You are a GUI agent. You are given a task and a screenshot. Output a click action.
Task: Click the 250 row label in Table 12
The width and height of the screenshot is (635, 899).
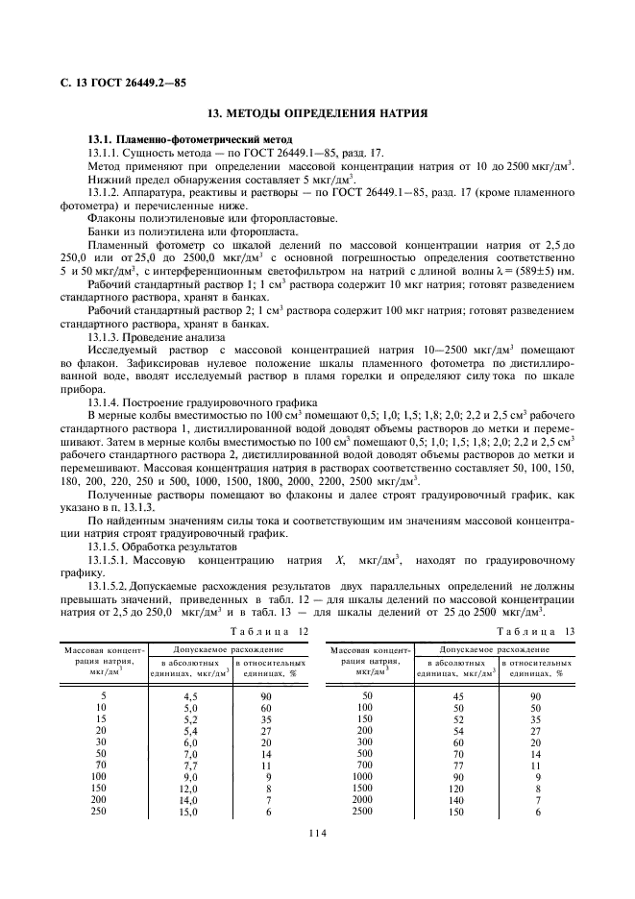point(96,811)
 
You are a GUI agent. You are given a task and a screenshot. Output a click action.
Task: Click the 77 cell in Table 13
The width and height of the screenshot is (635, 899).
point(457,764)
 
